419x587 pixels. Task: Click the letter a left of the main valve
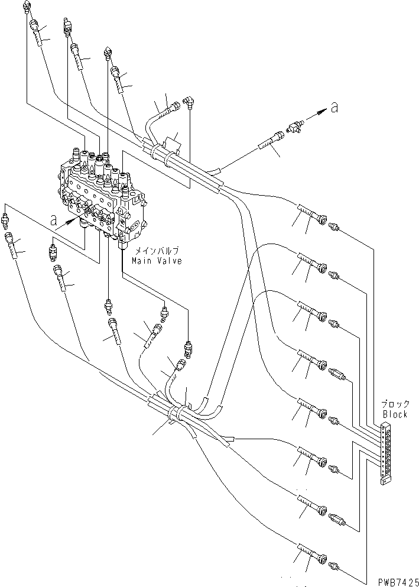coord(54,222)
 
